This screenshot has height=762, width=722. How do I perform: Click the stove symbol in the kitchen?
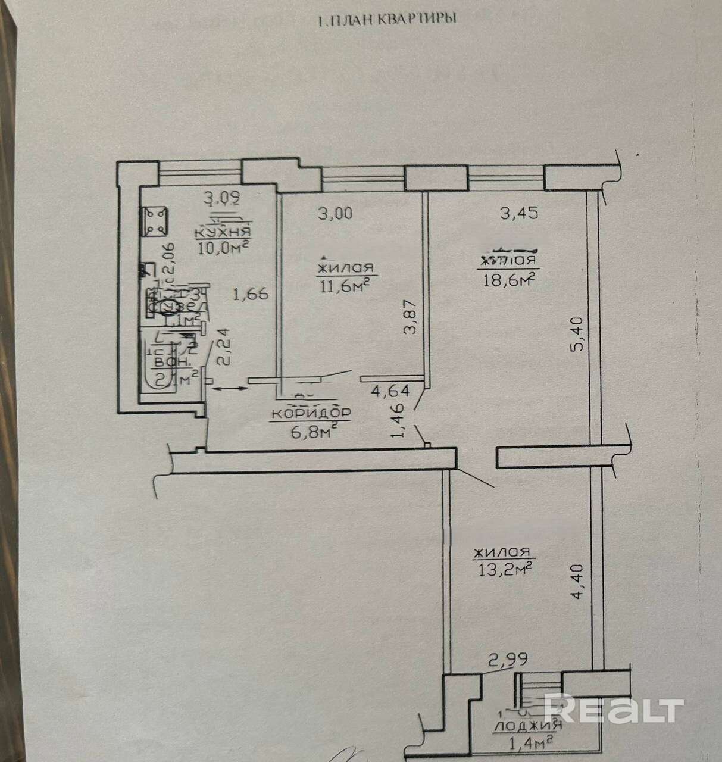pyautogui.click(x=155, y=221)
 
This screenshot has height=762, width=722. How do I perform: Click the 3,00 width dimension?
pyautogui.click(x=335, y=213)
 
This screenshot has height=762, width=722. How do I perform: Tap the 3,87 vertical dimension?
pyautogui.click(x=410, y=319)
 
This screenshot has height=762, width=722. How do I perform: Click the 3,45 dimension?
pyautogui.click(x=519, y=213)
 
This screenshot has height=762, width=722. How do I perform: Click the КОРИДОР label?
pyautogui.click(x=311, y=413)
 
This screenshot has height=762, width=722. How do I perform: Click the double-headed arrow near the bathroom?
pyautogui.click(x=229, y=389)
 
